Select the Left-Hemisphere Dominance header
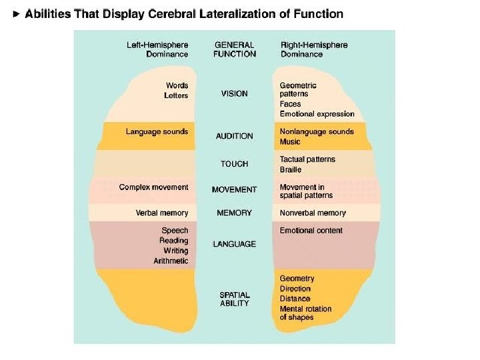coord(157,49)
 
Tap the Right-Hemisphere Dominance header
coord(313,49)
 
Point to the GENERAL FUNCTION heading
coord(234,49)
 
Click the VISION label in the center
coord(234,94)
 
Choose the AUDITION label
coord(234,136)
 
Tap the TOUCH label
coord(234,164)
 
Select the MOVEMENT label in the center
coord(234,190)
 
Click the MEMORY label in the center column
coord(234,213)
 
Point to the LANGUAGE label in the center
coord(234,244)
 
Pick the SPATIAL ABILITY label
coord(234,299)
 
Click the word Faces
coord(290,105)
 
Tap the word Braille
coord(291,170)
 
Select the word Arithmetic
coord(171,261)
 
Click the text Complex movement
coord(153,187)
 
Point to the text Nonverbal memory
coord(313,213)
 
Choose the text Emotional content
coord(311,231)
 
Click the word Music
coord(290,142)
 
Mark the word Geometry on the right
coord(297,279)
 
